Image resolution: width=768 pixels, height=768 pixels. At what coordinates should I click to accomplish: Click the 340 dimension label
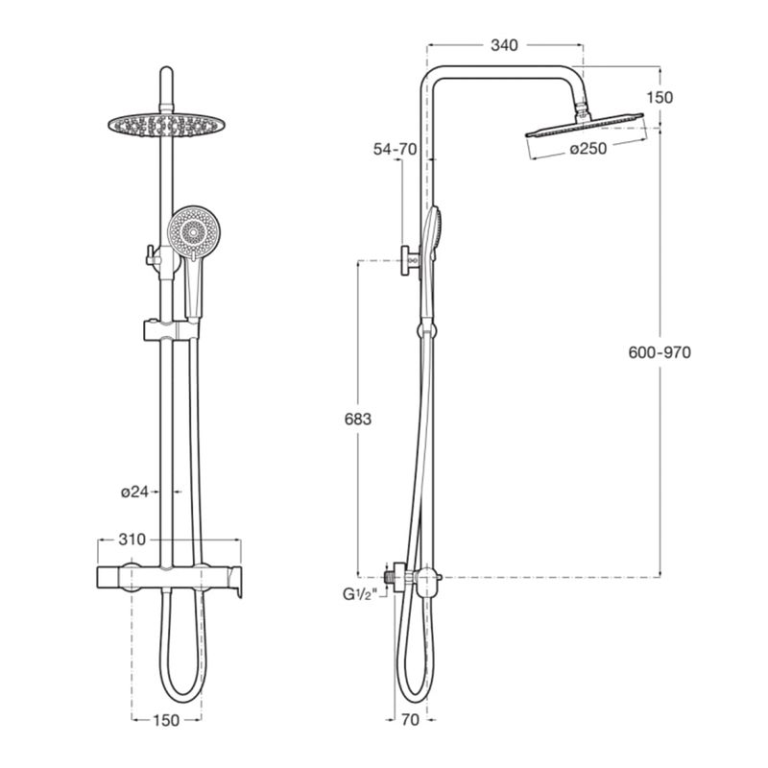pyautogui.click(x=504, y=45)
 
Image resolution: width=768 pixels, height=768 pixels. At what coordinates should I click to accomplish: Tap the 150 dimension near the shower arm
pyautogui.click(x=660, y=98)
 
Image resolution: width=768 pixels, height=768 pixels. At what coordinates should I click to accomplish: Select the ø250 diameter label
pyautogui.click(x=588, y=148)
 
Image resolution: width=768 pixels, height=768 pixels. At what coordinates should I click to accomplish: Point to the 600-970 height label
pyautogui.click(x=660, y=352)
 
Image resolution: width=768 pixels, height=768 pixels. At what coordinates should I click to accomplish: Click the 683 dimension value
pyautogui.click(x=358, y=420)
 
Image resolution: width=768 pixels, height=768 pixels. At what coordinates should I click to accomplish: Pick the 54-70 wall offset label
pyautogui.click(x=395, y=149)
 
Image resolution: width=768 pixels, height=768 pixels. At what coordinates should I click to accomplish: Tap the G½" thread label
pyautogui.click(x=361, y=594)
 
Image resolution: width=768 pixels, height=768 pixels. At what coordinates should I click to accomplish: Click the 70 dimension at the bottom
pyautogui.click(x=411, y=719)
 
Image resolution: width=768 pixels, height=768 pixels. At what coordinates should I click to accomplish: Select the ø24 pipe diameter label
pyautogui.click(x=134, y=492)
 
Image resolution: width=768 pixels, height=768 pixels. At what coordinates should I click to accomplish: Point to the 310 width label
pyautogui.click(x=132, y=540)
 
